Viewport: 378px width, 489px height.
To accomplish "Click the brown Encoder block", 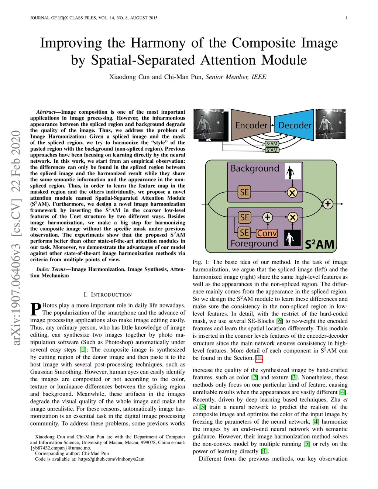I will (x=251, y=125).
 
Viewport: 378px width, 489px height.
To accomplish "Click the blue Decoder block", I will (x=295, y=125).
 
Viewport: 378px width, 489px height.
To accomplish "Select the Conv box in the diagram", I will (x=267, y=233).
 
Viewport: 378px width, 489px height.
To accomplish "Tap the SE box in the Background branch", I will (x=244, y=192).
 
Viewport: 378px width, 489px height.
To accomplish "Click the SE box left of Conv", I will (x=244, y=233).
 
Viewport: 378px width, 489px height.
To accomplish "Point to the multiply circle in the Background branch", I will (x=292, y=192).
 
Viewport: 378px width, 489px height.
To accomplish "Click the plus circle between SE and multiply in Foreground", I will (x=268, y=217).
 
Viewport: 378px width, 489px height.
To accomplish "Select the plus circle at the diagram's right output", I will (x=328, y=203).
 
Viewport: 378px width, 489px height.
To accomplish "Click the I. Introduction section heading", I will (x=108, y=295).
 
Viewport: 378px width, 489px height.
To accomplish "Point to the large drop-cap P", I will (x=36, y=309).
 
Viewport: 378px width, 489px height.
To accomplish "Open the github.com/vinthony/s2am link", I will (x=111, y=459).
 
